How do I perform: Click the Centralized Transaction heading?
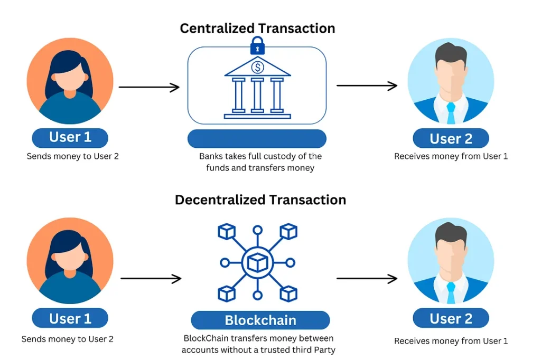pos(257,28)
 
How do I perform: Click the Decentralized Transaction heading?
pos(260,200)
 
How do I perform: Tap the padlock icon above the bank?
pos(257,46)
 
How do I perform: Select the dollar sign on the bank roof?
pos(258,68)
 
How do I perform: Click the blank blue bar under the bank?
pos(257,138)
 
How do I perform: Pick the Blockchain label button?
pos(260,320)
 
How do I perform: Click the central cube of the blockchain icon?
pos(257,262)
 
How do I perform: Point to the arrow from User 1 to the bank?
pos(150,87)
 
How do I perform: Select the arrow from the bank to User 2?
pos(367,86)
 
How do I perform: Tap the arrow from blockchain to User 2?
pos(367,278)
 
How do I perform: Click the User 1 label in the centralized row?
pos(70,137)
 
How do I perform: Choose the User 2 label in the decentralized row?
pos(451,318)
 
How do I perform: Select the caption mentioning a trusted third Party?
pos(258,344)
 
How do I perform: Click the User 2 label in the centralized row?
pos(451,139)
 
